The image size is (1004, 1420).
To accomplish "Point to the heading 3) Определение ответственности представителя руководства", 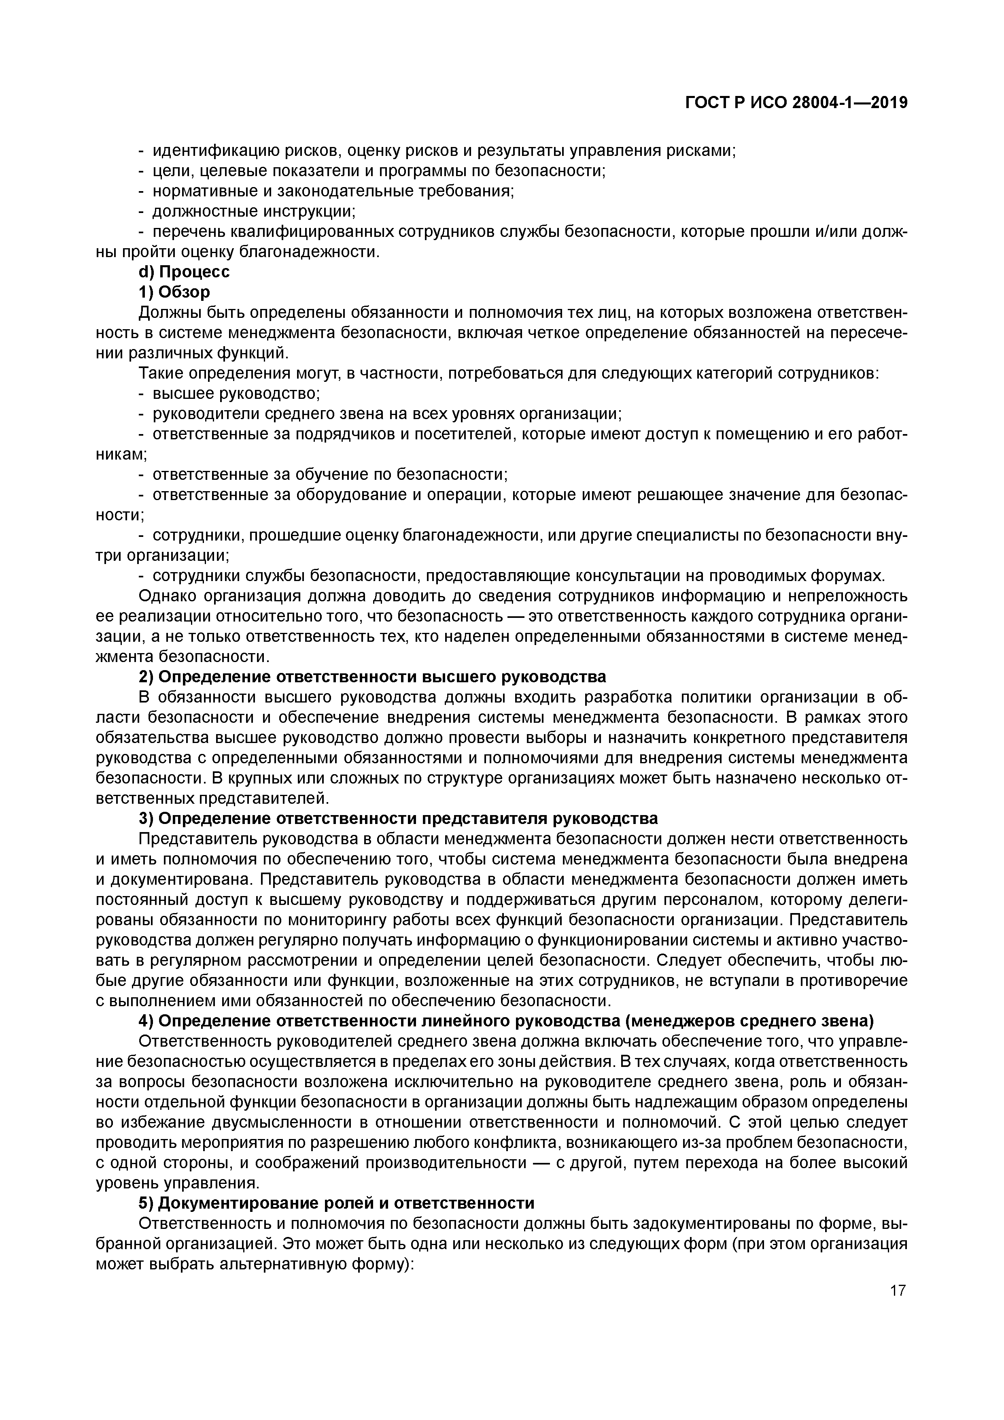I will tap(398, 818).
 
